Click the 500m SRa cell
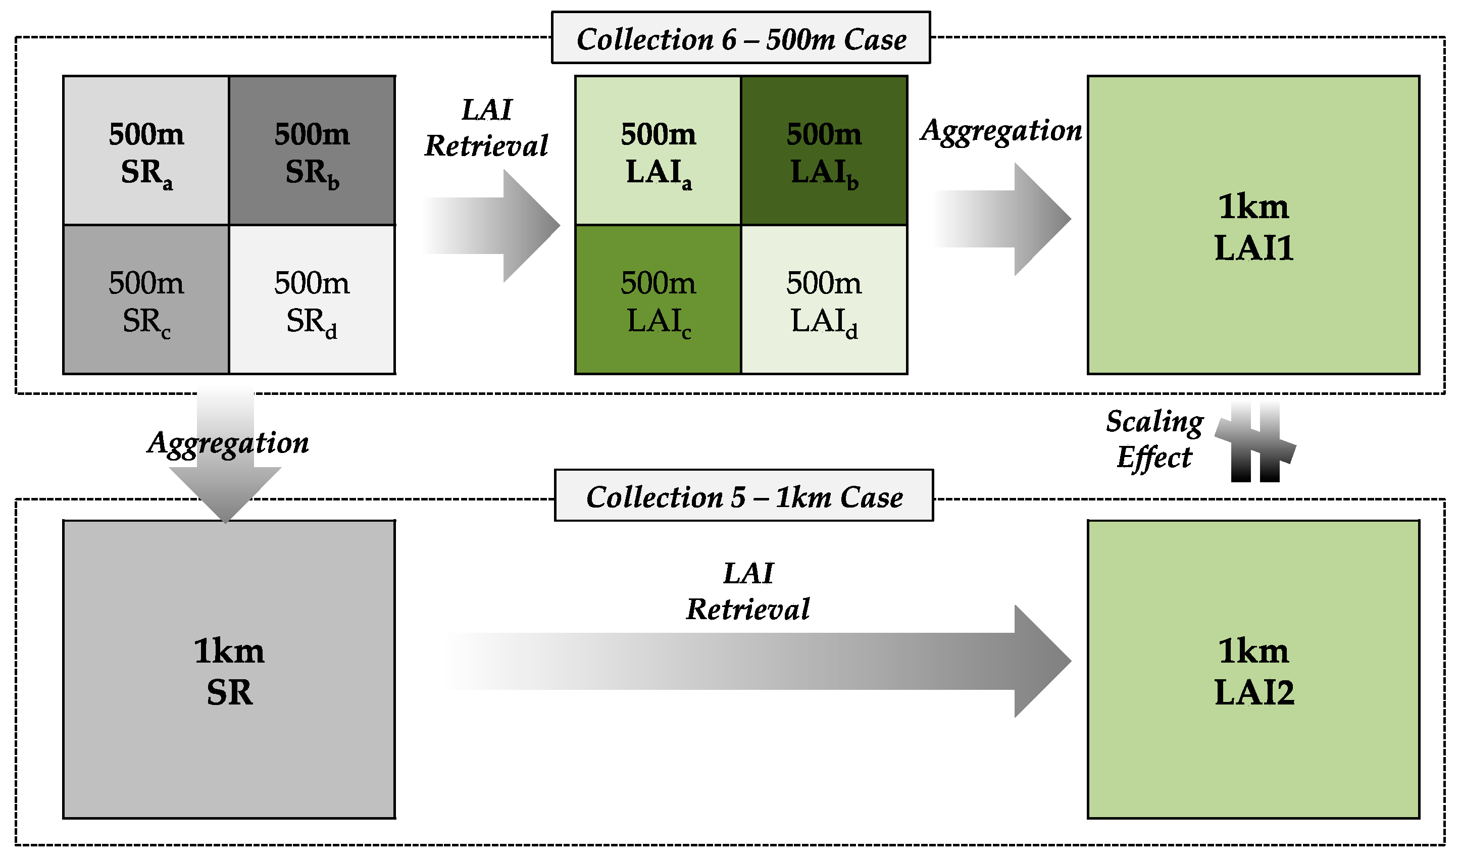tap(146, 150)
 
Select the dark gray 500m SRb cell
tap(312, 150)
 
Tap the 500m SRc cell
tap(146, 299)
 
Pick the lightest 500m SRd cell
tap(312, 299)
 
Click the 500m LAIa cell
tap(658, 150)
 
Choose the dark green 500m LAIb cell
tap(824, 150)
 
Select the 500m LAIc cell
tap(658, 299)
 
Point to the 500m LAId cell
tap(824, 299)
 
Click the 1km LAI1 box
tap(1252, 225)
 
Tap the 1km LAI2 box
tap(1252, 669)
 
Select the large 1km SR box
tap(229, 669)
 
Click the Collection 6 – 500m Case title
tap(740, 38)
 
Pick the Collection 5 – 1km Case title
tap(743, 496)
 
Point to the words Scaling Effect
tap(1154, 439)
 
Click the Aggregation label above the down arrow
tap(228, 443)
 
